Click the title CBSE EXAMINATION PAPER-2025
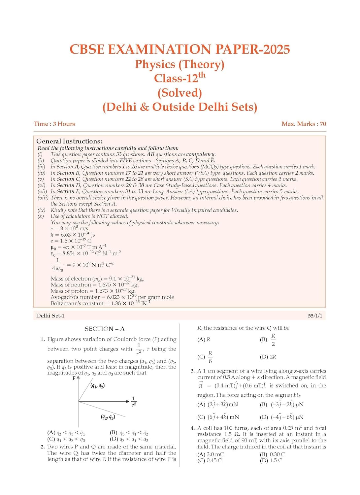(180, 49)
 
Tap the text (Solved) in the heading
(180, 93)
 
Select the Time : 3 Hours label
(54, 124)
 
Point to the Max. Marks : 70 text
(304, 124)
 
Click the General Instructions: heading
(69, 141)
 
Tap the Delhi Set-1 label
(50, 316)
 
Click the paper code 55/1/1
(315, 316)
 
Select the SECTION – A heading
(105, 329)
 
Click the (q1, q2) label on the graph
(98, 386)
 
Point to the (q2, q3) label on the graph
(108, 417)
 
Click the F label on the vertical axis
(74, 378)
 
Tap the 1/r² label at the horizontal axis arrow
(134, 401)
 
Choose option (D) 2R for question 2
(268, 357)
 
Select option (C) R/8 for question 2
(205, 357)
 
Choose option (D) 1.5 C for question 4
(271, 460)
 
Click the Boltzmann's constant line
(101, 303)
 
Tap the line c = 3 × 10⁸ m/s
(69, 228)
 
